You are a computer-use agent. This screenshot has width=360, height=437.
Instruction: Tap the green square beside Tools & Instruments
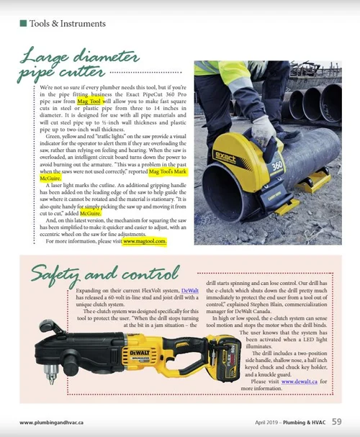click(x=24, y=23)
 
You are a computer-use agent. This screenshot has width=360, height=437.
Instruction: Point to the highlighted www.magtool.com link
click(x=145, y=262)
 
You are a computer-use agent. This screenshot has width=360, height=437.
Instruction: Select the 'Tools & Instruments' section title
click(x=68, y=23)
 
